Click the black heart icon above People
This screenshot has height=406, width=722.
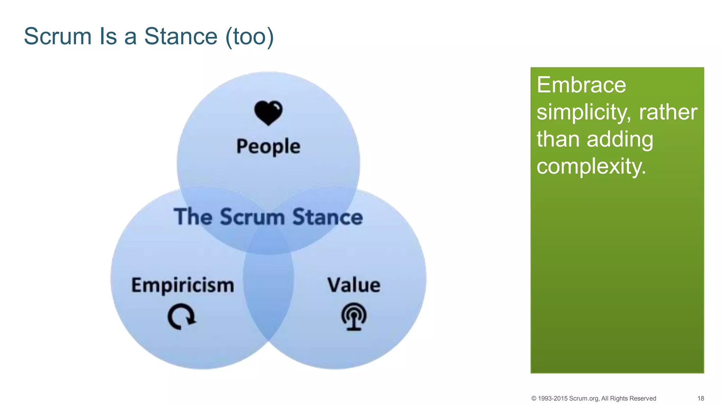click(268, 113)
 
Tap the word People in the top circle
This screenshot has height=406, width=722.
click(268, 147)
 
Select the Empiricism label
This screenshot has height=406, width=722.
click(183, 285)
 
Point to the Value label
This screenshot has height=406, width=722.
click(354, 285)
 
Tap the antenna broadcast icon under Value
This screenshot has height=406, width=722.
click(354, 316)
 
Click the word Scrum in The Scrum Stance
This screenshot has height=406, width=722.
click(252, 216)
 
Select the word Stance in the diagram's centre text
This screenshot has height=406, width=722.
click(328, 216)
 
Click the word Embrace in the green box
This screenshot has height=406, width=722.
click(581, 85)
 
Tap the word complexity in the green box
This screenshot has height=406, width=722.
click(591, 166)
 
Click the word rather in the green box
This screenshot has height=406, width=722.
click(668, 112)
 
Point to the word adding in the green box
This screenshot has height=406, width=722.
click(620, 139)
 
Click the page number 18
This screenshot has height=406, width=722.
click(700, 398)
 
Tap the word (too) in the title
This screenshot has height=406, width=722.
click(250, 36)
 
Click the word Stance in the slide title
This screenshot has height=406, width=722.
click(181, 36)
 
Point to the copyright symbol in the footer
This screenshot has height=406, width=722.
click(534, 398)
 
